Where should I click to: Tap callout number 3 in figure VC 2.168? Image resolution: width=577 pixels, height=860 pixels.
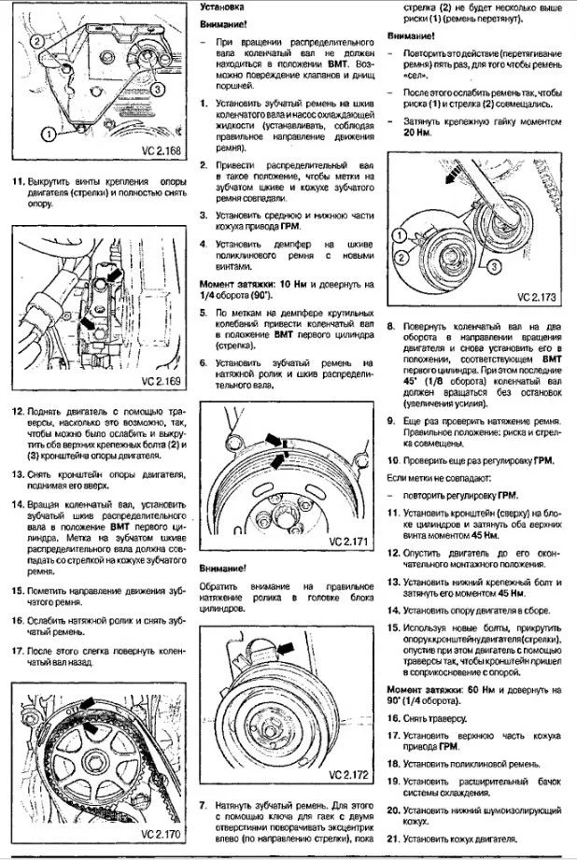158,89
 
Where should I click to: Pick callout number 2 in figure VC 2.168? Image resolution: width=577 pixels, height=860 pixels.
35,40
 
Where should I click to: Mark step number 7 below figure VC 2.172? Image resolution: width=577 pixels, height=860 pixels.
204,804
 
